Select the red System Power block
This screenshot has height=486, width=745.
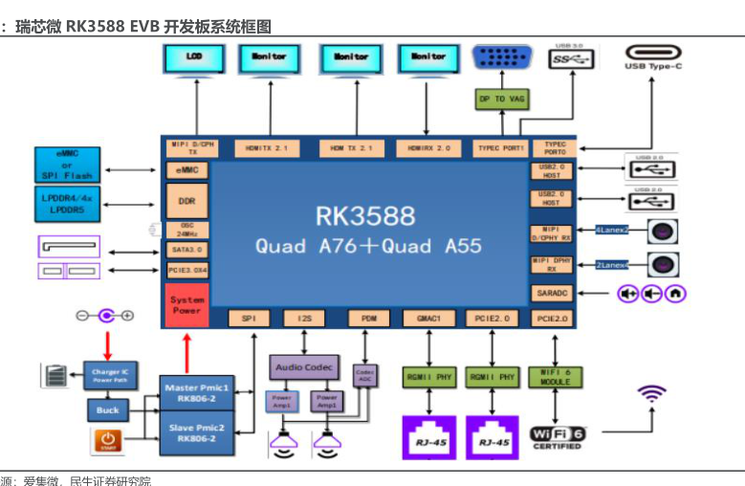(187, 305)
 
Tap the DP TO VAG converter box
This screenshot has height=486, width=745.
(501, 99)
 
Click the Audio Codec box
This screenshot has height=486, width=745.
(303, 366)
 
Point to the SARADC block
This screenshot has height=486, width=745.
(551, 293)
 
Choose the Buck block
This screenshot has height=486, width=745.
(106, 410)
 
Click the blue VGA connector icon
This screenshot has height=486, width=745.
(503, 58)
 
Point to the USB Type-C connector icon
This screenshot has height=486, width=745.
(653, 56)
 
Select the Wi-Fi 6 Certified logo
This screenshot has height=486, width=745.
(558, 438)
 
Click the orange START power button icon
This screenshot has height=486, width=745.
(106, 442)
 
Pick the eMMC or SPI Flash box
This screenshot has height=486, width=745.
(67, 164)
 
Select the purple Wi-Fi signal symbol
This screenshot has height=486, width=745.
(652, 395)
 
